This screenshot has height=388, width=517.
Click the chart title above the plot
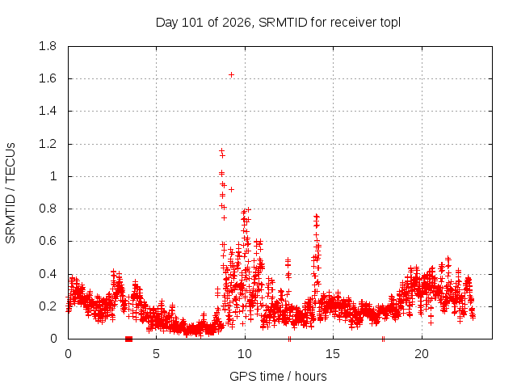pos(278,23)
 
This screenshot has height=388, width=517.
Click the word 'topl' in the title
pos(390,23)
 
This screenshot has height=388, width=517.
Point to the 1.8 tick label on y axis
pos(48,46)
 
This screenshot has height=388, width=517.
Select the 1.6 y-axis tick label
pos(48,78)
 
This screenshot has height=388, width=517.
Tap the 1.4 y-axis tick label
pos(48,112)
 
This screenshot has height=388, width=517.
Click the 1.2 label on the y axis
pos(48,144)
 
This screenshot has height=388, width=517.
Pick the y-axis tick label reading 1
pos(53,176)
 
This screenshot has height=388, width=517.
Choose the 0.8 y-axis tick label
pos(48,209)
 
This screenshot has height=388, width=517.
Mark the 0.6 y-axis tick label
pos(48,241)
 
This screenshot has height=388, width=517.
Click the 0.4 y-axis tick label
pos(48,274)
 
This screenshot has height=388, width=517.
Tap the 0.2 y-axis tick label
pos(48,306)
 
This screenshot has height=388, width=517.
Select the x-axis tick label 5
pos(156,354)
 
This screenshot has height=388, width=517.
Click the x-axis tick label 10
pos(245,354)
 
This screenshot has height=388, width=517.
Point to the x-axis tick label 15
pos(333,354)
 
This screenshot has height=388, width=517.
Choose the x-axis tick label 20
pos(422,354)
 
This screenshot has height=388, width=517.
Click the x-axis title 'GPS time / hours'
pos(278,376)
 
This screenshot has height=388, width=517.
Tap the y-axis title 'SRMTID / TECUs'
pos(11,193)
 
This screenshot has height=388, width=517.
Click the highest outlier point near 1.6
pos(232,75)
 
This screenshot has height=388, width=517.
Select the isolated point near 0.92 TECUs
pos(232,189)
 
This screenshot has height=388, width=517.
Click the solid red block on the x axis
pos(129,339)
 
